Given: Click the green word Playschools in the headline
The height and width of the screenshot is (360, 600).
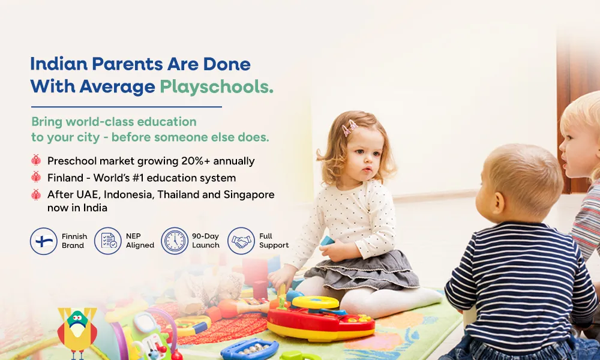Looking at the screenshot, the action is point(216,87).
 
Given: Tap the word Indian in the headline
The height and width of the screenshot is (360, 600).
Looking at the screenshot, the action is point(59,64).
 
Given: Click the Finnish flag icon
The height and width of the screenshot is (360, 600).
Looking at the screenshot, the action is point(44,241).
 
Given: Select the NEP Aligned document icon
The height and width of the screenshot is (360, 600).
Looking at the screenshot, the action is point(108,241).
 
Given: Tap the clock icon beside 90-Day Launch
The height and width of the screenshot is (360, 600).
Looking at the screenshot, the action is point(175,241).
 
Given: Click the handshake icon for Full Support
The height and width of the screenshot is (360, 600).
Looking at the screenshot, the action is point(241,241).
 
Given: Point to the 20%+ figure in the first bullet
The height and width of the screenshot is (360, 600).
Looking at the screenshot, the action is point(196,161).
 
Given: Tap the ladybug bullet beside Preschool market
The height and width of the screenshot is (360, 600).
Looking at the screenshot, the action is point(36,160).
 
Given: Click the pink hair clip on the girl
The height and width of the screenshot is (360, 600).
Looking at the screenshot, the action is point(349,127).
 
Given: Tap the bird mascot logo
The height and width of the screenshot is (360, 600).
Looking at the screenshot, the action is point(77,332).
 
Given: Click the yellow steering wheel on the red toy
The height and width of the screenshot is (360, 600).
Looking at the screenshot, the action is point(316,302).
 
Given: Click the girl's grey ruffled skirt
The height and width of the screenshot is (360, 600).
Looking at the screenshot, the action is point(361,271).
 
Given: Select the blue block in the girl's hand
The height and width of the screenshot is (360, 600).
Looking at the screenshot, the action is point(328,241).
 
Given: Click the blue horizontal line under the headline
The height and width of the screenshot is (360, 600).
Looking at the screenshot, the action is point(126,107).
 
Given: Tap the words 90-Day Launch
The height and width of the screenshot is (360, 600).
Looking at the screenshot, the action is point(206,241).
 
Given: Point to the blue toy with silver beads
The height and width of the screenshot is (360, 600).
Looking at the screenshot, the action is point(250,349).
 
